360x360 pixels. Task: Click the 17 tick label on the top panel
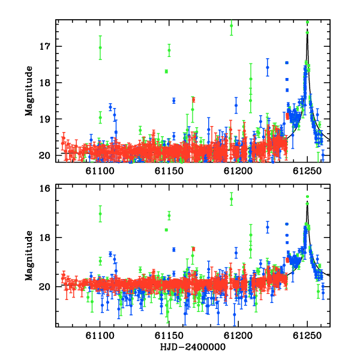pos(45,46)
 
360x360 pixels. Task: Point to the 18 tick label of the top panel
pos(45,83)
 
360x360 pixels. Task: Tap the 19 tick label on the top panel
pos(45,119)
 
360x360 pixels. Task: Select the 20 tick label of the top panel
pos(45,155)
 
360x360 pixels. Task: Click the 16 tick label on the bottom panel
pos(45,188)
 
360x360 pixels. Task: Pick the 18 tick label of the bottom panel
pos(45,237)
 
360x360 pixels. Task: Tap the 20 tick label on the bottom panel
pos(45,287)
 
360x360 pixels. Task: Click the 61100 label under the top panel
pos(100,171)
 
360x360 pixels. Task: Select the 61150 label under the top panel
pos(169,171)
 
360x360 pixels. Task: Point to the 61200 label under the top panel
pos(238,171)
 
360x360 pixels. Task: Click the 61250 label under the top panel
pos(307,171)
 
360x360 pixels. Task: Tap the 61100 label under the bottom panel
pos(100,335)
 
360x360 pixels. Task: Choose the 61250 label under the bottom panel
pos(307,335)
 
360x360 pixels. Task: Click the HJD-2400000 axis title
pos(193,347)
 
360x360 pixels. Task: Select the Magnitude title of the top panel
pos(29,91)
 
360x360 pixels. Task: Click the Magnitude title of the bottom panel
pos(29,256)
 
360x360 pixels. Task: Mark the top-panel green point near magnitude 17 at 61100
pos(100,47)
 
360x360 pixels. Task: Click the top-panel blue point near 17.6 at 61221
pos(268,67)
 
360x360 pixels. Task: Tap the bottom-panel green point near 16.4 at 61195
pos(232,199)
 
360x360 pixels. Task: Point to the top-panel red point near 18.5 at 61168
pos(194,100)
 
